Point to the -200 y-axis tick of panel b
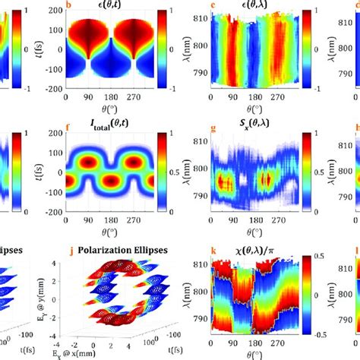click(x=55, y=89)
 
